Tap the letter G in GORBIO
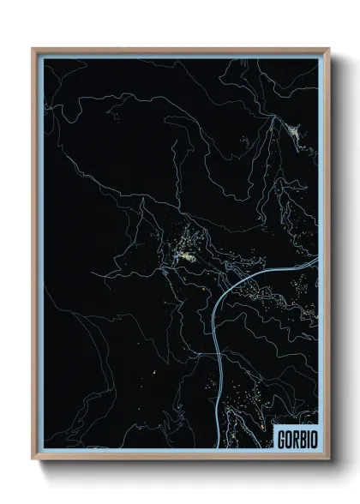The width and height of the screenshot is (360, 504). tap(280, 438)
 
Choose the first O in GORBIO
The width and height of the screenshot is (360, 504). tap(286, 438)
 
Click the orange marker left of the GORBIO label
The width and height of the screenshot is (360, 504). tap(261, 423)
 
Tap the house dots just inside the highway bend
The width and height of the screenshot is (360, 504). tap(244, 296)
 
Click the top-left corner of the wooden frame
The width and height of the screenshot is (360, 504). tap(33, 49)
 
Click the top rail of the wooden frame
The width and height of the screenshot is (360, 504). tap(180, 50)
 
